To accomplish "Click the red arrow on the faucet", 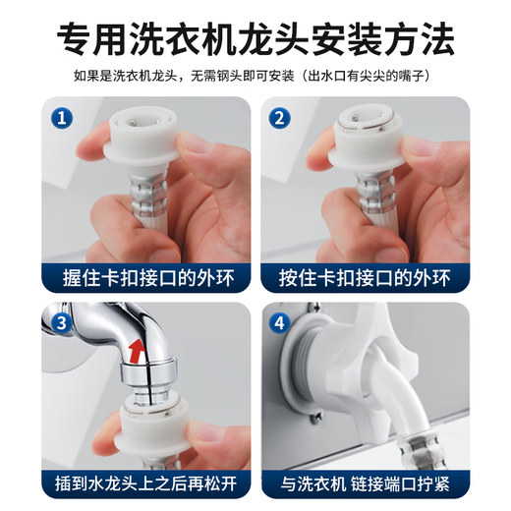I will tap(135, 348).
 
